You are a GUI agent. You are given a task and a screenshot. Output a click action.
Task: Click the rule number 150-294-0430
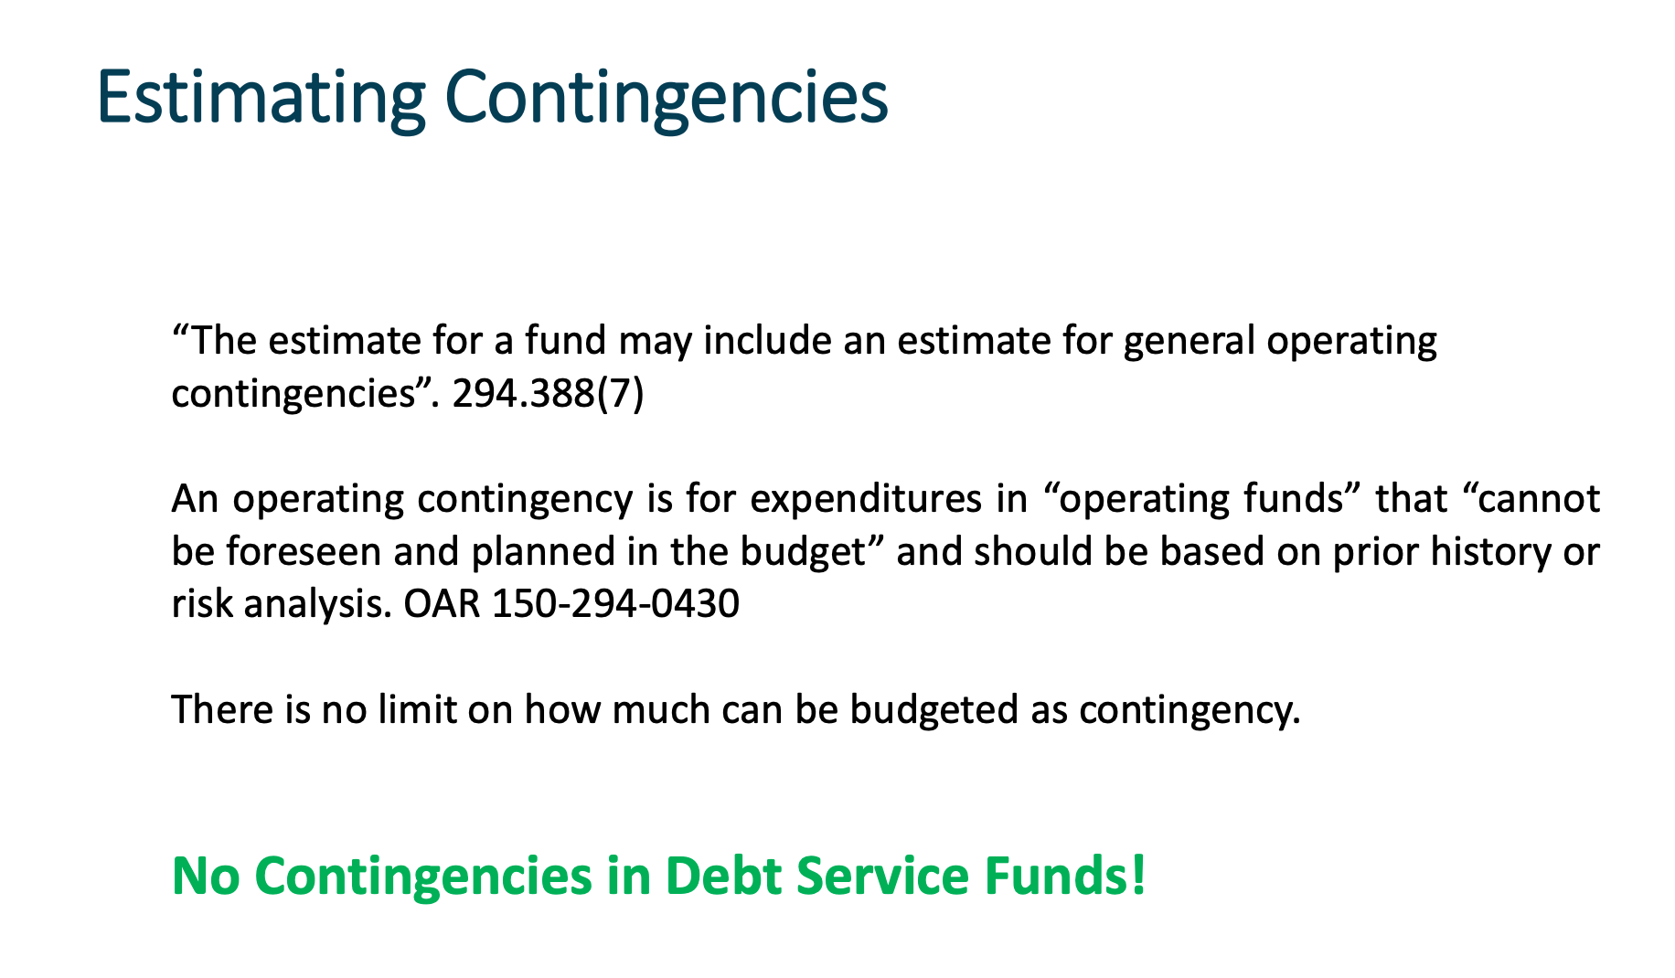point(615,604)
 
